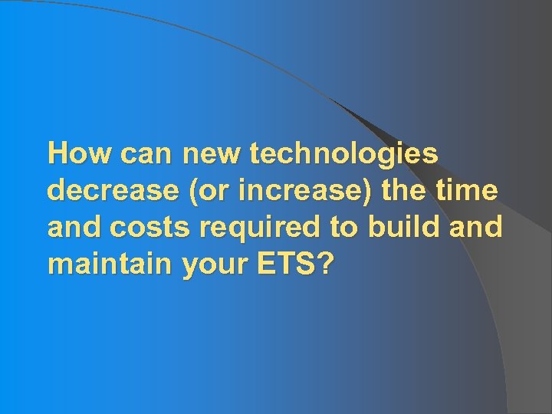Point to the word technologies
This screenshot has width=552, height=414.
344,154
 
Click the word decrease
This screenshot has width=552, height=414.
110,191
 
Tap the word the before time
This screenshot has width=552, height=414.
407,191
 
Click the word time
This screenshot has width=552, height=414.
470,191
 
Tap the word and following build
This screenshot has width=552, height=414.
475,228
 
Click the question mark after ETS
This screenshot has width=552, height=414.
327,264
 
